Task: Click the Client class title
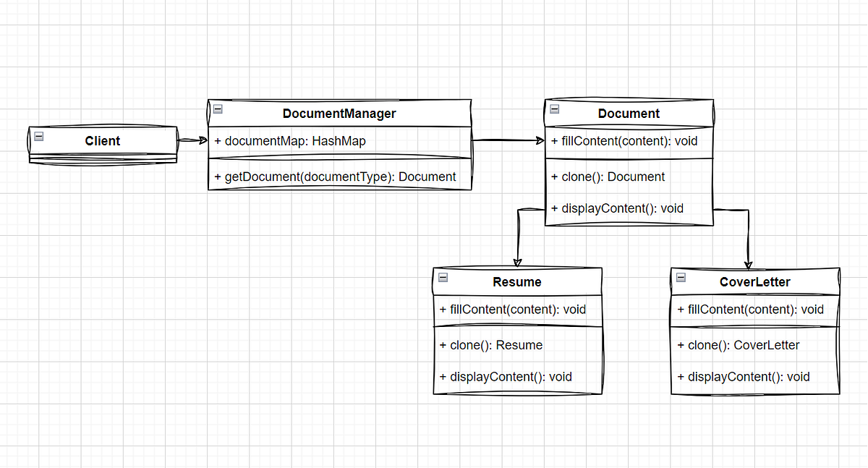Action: [102, 140]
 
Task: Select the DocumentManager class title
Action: [339, 114]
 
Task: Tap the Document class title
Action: [629, 114]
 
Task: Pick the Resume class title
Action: [516, 282]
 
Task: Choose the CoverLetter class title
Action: [755, 282]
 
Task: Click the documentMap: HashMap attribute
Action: [290, 141]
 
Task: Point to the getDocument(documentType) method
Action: [335, 176]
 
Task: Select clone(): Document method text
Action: [613, 176]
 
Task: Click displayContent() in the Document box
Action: [622, 208]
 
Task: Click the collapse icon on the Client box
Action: [39, 135]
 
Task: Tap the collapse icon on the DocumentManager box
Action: [218, 109]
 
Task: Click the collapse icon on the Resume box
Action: [443, 278]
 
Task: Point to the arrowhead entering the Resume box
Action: [517, 262]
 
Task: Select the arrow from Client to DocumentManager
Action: [192, 140]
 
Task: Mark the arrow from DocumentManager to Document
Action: [508, 141]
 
